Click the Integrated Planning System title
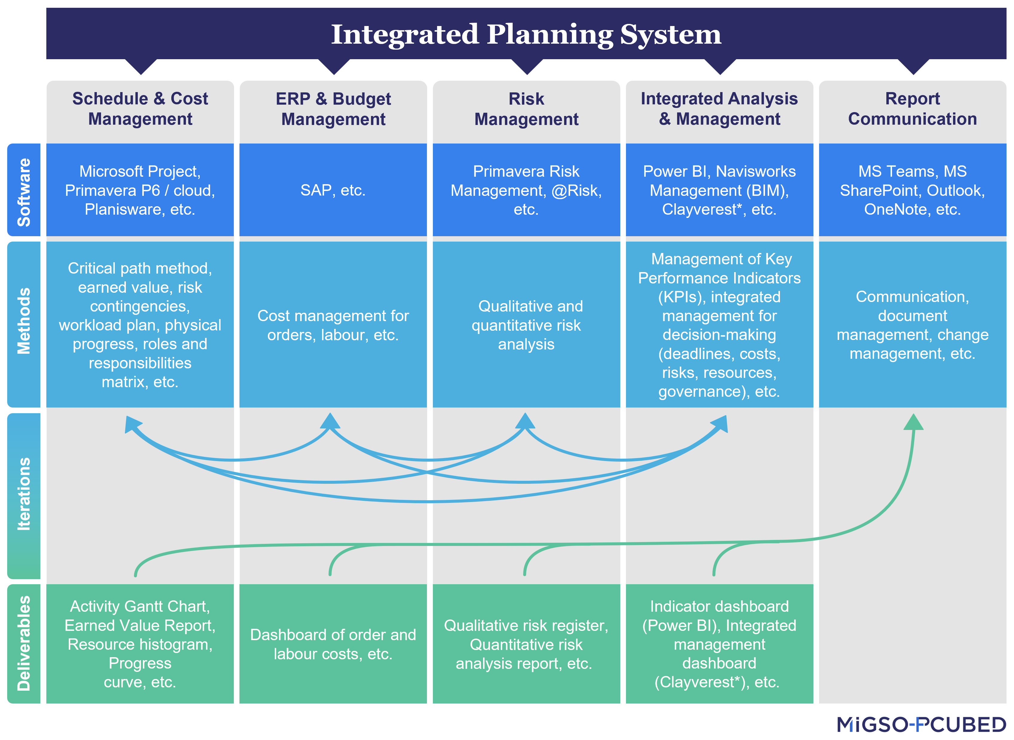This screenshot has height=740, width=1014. [526, 34]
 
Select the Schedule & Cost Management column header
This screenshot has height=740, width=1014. [140, 109]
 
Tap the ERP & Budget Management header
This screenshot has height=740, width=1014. [333, 109]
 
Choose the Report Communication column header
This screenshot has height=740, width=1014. [912, 109]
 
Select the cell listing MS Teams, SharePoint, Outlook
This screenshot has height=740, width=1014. [912, 190]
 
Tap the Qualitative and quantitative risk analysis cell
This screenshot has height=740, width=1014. [526, 325]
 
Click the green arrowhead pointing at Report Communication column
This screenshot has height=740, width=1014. [914, 422]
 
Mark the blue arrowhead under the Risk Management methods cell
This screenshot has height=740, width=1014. [525, 422]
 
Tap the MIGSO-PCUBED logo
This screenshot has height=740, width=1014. [922, 724]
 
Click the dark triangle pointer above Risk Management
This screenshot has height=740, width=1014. [527, 66]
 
